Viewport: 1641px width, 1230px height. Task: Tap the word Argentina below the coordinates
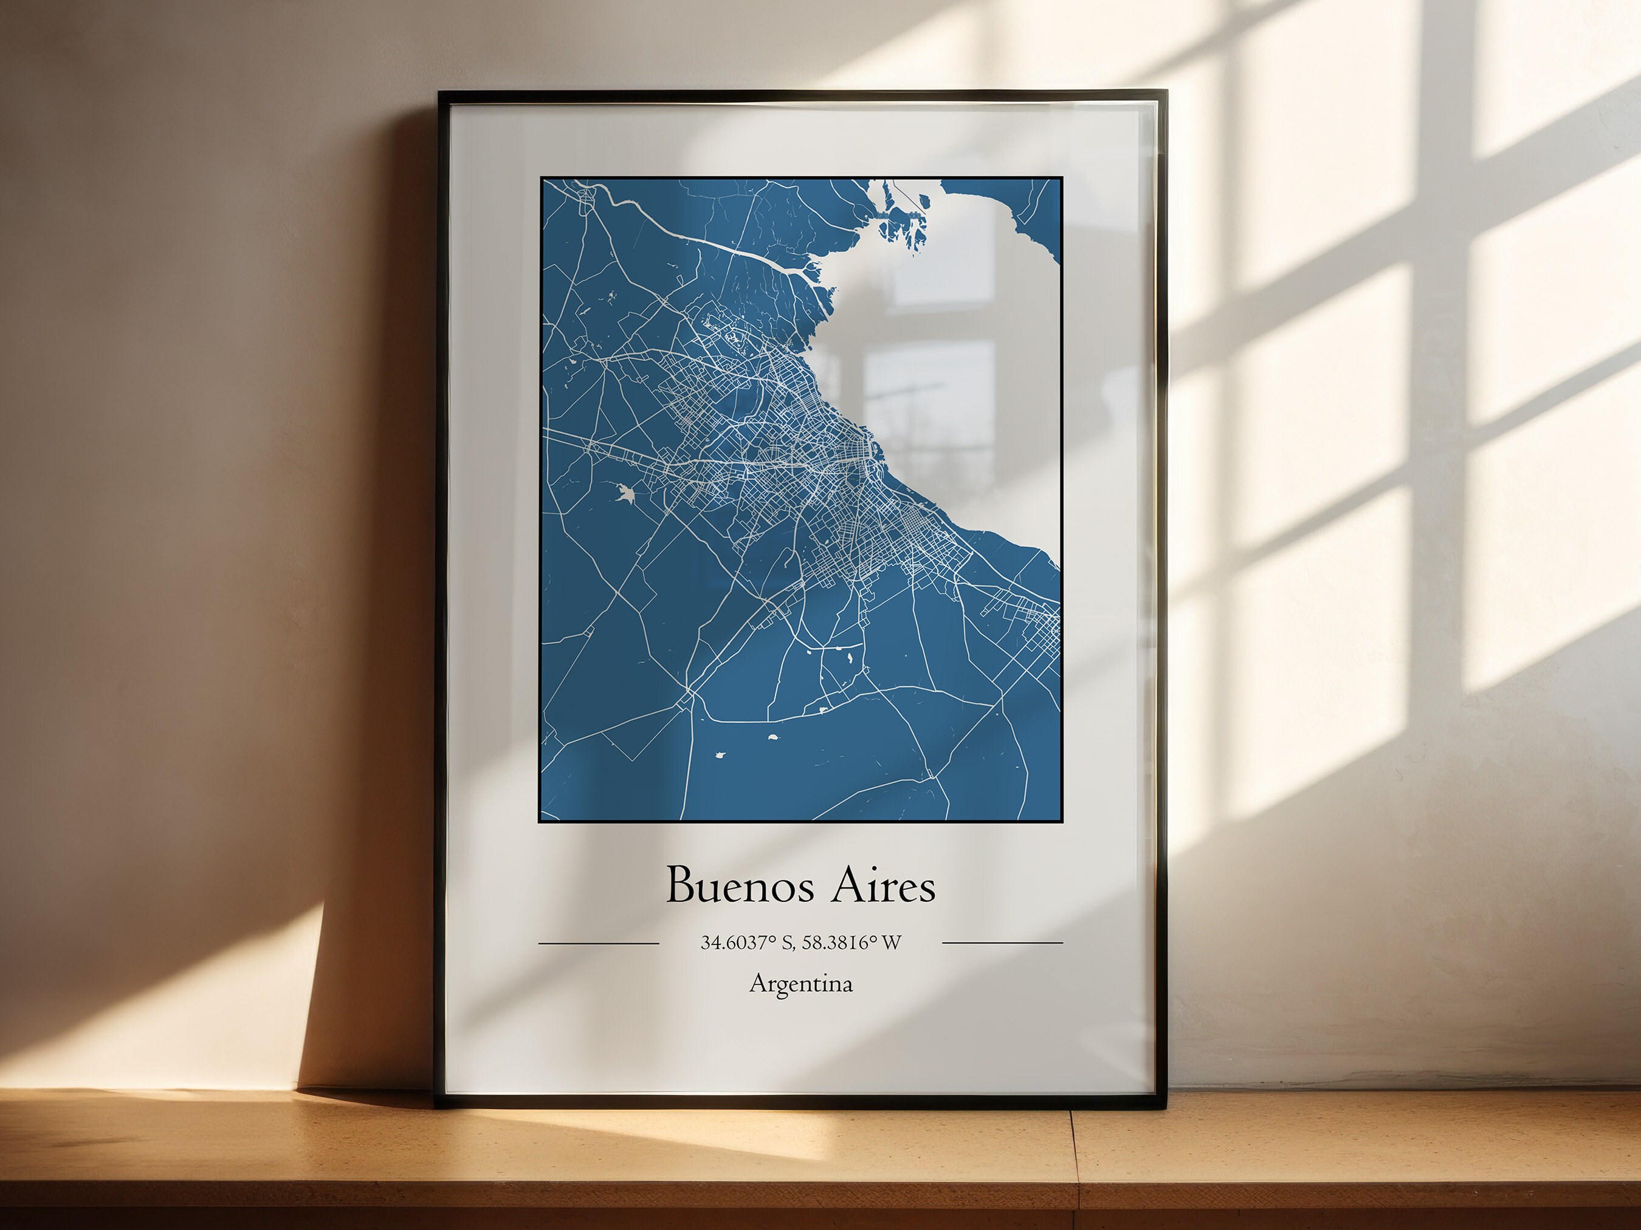[x=801, y=984]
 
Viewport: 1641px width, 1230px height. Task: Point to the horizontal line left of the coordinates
[x=598, y=944]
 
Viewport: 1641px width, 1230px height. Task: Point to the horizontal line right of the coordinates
[x=1002, y=943]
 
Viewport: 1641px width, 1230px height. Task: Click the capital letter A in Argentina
[x=758, y=983]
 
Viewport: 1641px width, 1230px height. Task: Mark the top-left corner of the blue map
[x=541, y=179]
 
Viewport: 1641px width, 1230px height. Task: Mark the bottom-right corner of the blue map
[x=1062, y=821]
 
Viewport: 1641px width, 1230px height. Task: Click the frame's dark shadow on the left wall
[x=371, y=964]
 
